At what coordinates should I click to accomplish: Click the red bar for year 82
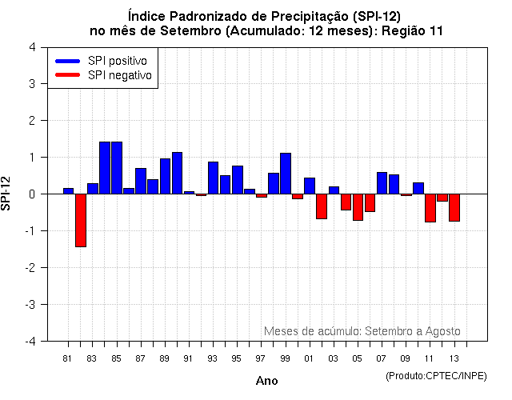pyautogui.click(x=81, y=220)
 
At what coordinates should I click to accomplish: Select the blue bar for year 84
pyautogui.click(x=105, y=168)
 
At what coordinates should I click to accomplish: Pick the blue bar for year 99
pyautogui.click(x=286, y=174)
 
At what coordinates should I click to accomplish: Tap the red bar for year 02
pyautogui.click(x=322, y=206)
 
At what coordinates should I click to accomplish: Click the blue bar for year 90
pyautogui.click(x=177, y=173)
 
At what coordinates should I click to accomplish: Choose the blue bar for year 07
pyautogui.click(x=382, y=183)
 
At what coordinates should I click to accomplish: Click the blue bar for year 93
pyautogui.click(x=213, y=178)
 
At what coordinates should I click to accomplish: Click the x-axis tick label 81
pyautogui.click(x=68, y=358)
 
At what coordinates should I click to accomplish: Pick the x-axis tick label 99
pyautogui.click(x=286, y=358)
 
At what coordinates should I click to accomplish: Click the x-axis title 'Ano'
pyautogui.click(x=266, y=381)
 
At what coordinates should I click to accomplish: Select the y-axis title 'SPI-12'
pyautogui.click(x=7, y=194)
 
